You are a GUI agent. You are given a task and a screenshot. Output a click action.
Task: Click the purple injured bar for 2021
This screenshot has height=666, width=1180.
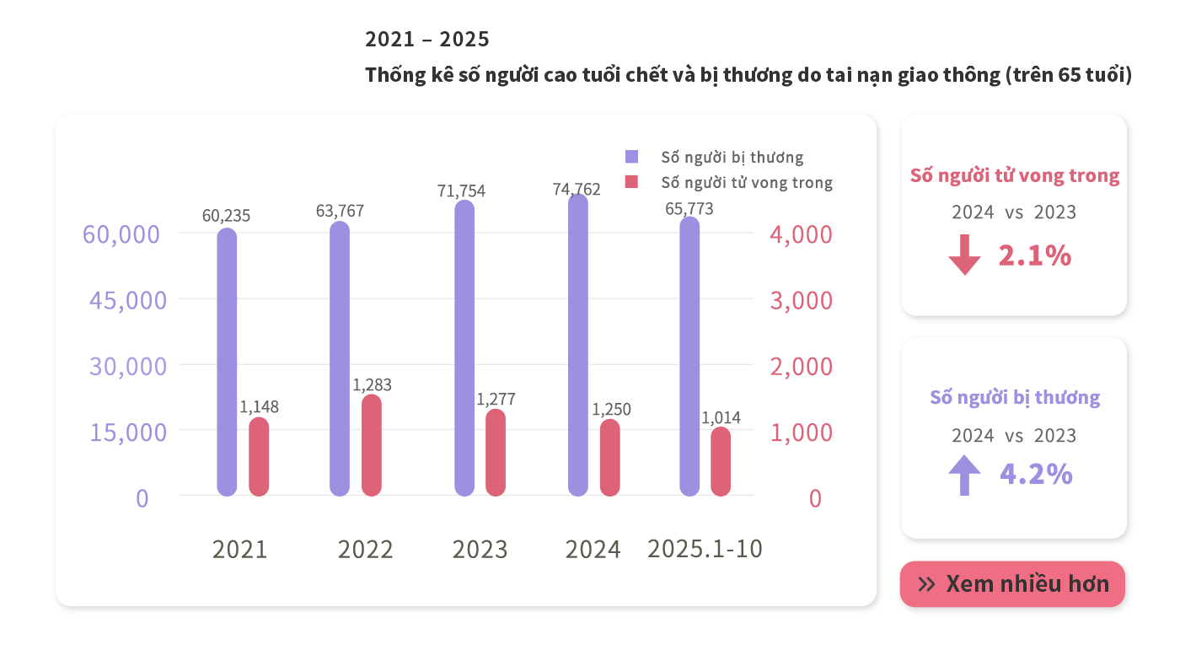tap(227, 363)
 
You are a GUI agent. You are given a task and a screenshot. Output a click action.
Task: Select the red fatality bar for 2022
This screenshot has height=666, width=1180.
tap(372, 445)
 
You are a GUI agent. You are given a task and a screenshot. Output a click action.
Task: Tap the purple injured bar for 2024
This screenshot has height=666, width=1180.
tap(578, 346)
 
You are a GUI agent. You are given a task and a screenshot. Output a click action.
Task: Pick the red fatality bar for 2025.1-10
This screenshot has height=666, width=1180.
tap(721, 462)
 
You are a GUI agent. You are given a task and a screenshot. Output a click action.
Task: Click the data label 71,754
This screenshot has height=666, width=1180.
tap(461, 191)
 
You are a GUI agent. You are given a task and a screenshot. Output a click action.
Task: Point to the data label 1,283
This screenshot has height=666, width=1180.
tap(372, 385)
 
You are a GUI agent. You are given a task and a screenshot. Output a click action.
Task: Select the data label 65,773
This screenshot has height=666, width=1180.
tap(689, 208)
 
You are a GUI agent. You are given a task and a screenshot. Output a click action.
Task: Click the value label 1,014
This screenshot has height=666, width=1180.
tap(721, 417)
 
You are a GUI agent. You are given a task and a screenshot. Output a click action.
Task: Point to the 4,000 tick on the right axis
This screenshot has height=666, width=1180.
tap(801, 234)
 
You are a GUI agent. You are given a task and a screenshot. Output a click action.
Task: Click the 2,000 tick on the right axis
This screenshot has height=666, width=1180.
tap(801, 367)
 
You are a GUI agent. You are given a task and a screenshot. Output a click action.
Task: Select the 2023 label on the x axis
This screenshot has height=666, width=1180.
tap(480, 550)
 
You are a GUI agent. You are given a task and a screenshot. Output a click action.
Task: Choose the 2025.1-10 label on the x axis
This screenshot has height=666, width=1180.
tap(705, 549)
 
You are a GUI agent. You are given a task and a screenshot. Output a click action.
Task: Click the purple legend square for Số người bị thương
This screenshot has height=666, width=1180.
tap(632, 156)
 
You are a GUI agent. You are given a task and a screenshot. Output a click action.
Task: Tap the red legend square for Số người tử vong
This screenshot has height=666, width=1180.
tap(632, 182)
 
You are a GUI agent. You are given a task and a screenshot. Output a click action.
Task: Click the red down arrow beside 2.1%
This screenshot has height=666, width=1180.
tap(964, 255)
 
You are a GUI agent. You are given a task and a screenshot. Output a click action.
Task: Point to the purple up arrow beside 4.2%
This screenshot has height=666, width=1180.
tap(964, 475)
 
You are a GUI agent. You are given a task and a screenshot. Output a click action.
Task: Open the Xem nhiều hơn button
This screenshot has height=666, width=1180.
tap(1012, 584)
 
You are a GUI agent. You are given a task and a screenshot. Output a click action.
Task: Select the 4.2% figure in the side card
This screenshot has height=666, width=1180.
tap(1036, 475)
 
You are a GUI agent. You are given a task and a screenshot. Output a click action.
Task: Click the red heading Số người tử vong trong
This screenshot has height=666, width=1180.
tap(1015, 176)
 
